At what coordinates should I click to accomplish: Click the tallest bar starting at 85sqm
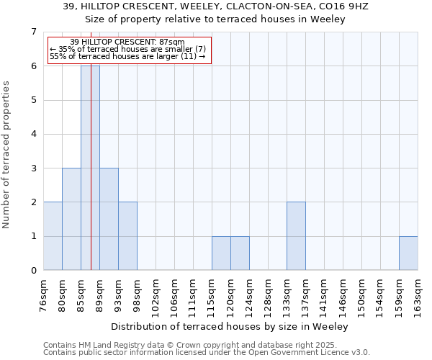[x=90, y=168]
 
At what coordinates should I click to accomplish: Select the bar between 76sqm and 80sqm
[x=53, y=236]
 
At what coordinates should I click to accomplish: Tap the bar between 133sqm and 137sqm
[x=296, y=236]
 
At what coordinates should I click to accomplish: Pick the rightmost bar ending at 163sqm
[x=408, y=253]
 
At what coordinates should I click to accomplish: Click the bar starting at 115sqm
[x=221, y=253]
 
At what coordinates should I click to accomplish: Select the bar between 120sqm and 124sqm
[x=240, y=253]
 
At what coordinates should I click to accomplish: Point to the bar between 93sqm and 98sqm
[x=127, y=236]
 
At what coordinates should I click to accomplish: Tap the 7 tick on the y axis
[x=33, y=32]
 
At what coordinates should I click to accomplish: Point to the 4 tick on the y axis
[x=33, y=134]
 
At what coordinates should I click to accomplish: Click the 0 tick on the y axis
[x=33, y=271]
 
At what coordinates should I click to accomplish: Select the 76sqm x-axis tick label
[x=44, y=293]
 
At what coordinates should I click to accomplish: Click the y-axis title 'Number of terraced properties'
[x=8, y=155]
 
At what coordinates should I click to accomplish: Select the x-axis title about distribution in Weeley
[x=230, y=326]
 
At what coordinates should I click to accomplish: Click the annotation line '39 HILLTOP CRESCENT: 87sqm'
[x=127, y=42]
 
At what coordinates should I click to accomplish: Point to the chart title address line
[x=215, y=6]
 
